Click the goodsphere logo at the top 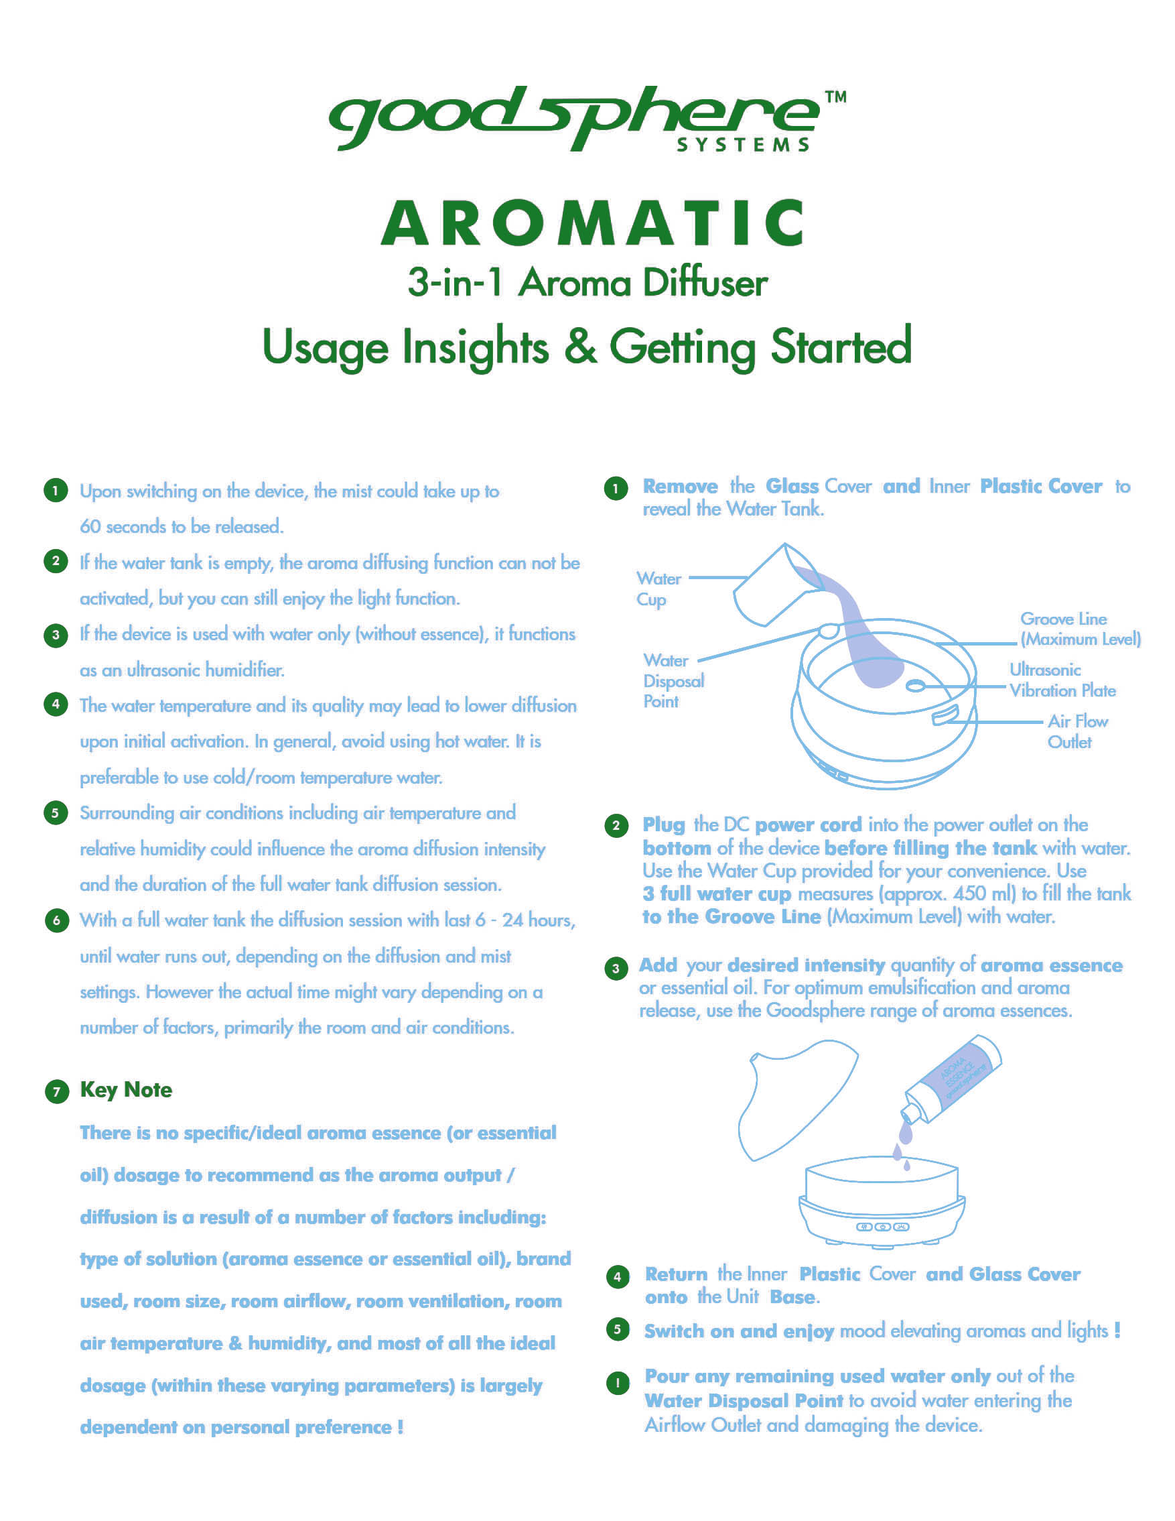click(587, 119)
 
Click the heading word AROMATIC click(592, 223)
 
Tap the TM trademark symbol click(836, 97)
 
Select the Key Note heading click(126, 1090)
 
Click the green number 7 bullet click(56, 1091)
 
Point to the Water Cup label click(659, 589)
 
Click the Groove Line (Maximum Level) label click(1081, 629)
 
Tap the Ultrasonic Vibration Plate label click(1062, 680)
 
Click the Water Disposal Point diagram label click(673, 681)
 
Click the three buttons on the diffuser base click(883, 1227)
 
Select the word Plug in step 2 click(664, 825)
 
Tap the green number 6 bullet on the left click(56, 920)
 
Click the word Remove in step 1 click(680, 486)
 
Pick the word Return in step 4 click(676, 1274)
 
